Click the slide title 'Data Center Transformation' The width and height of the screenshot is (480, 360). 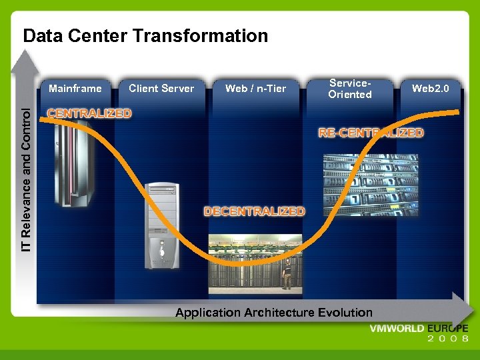tap(145, 35)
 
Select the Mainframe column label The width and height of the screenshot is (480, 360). tap(75, 88)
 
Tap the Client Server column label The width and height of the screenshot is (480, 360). tap(161, 88)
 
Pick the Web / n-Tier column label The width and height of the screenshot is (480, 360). tap(255, 88)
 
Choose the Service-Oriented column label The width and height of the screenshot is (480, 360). tap(349, 89)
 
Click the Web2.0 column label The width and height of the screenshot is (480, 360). tap(430, 88)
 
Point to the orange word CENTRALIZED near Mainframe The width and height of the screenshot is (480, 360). tap(89, 113)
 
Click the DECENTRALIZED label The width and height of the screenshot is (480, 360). tap(254, 211)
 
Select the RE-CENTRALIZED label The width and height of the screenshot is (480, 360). tap(371, 133)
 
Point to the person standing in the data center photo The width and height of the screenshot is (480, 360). tap(287, 274)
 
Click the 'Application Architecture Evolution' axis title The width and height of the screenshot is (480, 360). tap(273, 312)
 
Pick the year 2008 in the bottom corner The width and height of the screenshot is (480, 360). tap(448, 339)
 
